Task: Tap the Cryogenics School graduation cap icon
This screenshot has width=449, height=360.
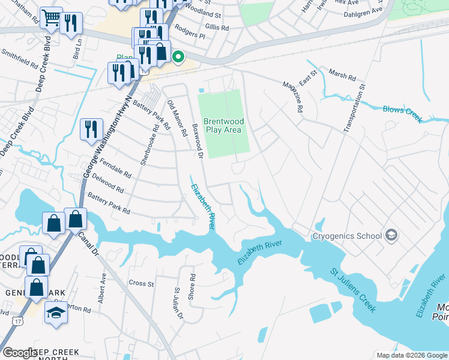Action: click(392, 235)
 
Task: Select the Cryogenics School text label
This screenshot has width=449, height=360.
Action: click(347, 236)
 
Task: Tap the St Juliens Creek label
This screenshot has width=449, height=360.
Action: click(354, 290)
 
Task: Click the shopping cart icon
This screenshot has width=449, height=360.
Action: click(51, 19)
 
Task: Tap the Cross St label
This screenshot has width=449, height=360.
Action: click(142, 283)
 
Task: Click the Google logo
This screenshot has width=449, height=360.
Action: click(19, 353)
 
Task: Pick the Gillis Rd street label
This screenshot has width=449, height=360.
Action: click(217, 28)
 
